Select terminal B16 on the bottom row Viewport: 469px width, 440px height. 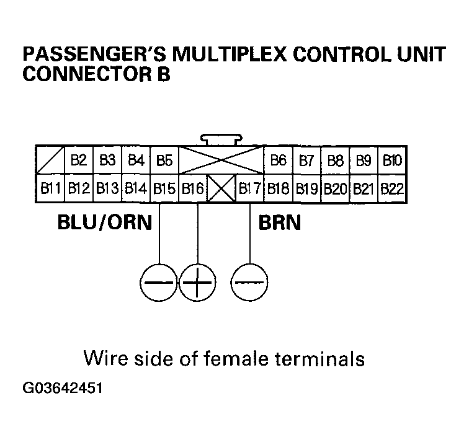pyautogui.click(x=193, y=188)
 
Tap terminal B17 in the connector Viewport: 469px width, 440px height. pyautogui.click(x=250, y=188)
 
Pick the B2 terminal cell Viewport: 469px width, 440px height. pyautogui.click(x=79, y=161)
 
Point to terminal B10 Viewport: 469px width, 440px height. pyautogui.click(x=392, y=161)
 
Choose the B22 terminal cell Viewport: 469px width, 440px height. pyautogui.click(x=392, y=188)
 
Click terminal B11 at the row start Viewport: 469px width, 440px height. pyautogui.click(x=50, y=188)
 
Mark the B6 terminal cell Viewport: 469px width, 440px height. pyautogui.click(x=279, y=161)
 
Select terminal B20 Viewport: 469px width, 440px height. pyautogui.click(x=335, y=188)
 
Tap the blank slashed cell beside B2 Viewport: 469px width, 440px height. pyautogui.click(x=50, y=161)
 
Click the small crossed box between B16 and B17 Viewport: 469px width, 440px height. pyautogui.click(x=221, y=188)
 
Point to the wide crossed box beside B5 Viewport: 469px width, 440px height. pyautogui.click(x=221, y=161)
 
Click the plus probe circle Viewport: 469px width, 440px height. pyautogui.click(x=197, y=285)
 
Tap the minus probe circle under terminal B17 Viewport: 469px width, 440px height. pyautogui.click(x=249, y=285)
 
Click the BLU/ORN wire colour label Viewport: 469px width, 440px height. pyautogui.click(x=104, y=222)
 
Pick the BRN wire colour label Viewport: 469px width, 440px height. pyautogui.click(x=279, y=222)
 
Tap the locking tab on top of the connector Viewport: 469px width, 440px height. pyautogui.click(x=221, y=139)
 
